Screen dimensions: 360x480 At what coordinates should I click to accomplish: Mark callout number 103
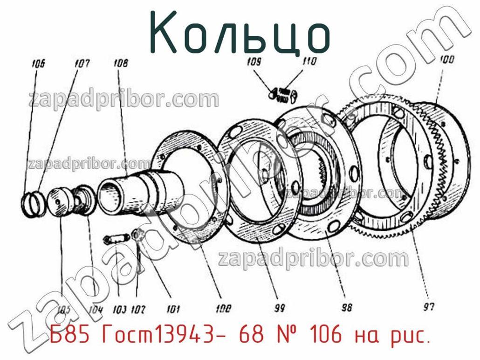120,309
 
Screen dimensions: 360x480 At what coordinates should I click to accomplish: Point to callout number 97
429,307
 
